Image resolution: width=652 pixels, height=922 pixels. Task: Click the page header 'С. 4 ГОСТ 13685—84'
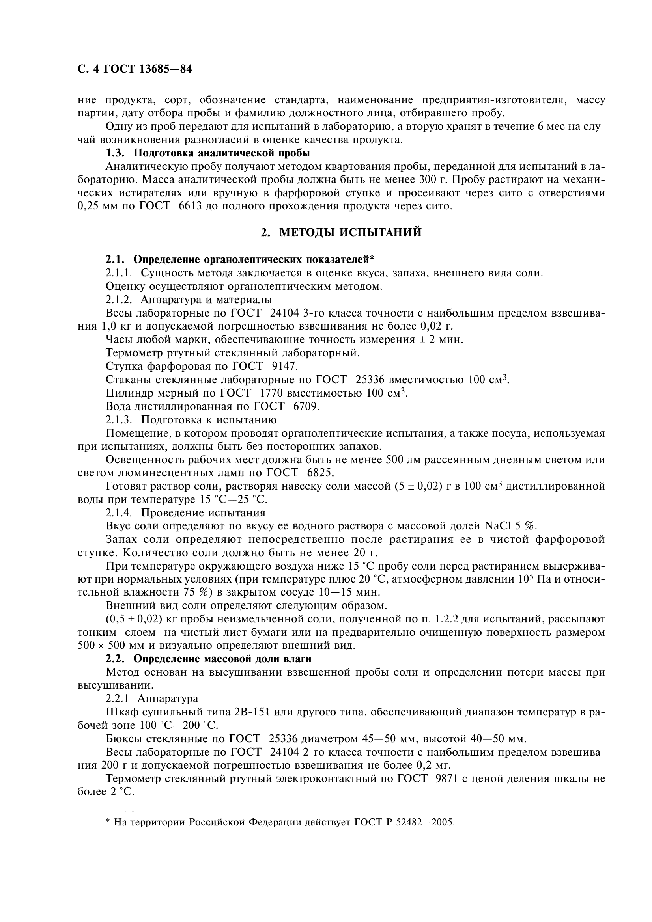point(135,69)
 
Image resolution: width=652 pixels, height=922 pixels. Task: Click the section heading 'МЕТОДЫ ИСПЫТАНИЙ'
point(350,233)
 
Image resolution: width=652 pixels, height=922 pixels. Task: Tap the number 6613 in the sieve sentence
point(188,207)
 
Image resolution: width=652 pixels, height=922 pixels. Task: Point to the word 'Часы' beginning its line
point(118,340)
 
